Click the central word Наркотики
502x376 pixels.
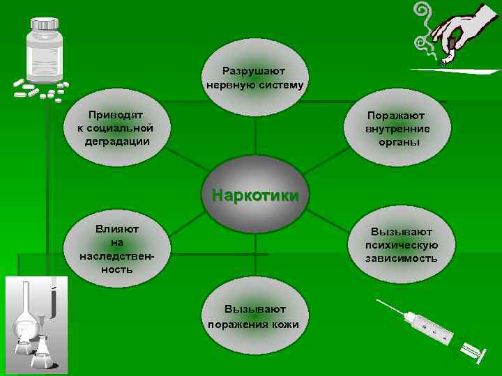point(255,194)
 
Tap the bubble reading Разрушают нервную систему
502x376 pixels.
point(255,78)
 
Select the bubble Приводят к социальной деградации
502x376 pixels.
point(116,127)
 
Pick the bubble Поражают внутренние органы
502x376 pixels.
point(397,129)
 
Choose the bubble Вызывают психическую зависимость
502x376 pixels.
point(401,245)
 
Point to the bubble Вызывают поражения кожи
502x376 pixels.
point(255,317)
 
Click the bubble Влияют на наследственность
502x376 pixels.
point(116,249)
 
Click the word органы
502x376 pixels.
point(398,142)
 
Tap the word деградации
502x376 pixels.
point(116,141)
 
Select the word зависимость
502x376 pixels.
point(402,258)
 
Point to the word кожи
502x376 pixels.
point(287,324)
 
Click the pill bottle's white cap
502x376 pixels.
point(44,23)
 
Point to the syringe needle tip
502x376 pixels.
point(378,301)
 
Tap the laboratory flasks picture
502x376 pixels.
point(36,324)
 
